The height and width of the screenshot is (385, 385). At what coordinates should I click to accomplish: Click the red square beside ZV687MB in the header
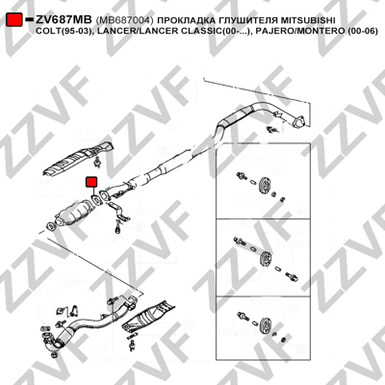[x=14, y=20]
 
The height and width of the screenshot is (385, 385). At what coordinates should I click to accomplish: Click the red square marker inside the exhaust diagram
[x=91, y=182]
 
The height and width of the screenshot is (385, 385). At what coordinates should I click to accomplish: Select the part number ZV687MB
[x=64, y=20]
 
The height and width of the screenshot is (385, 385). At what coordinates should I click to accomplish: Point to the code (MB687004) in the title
[x=125, y=20]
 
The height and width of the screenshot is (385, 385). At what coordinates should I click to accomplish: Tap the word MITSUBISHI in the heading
[x=308, y=20]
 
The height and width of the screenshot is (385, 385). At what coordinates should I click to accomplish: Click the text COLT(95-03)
[x=63, y=32]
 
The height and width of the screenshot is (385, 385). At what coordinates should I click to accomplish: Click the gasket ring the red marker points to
[x=95, y=200]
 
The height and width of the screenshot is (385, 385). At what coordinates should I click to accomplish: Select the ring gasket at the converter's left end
[x=51, y=226]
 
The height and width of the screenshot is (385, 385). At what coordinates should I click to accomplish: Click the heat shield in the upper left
[x=78, y=159]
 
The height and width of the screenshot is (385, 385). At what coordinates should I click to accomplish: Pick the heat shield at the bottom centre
[x=148, y=317]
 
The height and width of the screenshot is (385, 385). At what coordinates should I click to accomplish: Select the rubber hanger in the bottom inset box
[x=266, y=324]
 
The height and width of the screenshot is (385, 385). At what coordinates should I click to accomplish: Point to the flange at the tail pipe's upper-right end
[x=299, y=121]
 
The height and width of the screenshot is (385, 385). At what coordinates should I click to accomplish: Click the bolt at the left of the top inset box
[x=242, y=176]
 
